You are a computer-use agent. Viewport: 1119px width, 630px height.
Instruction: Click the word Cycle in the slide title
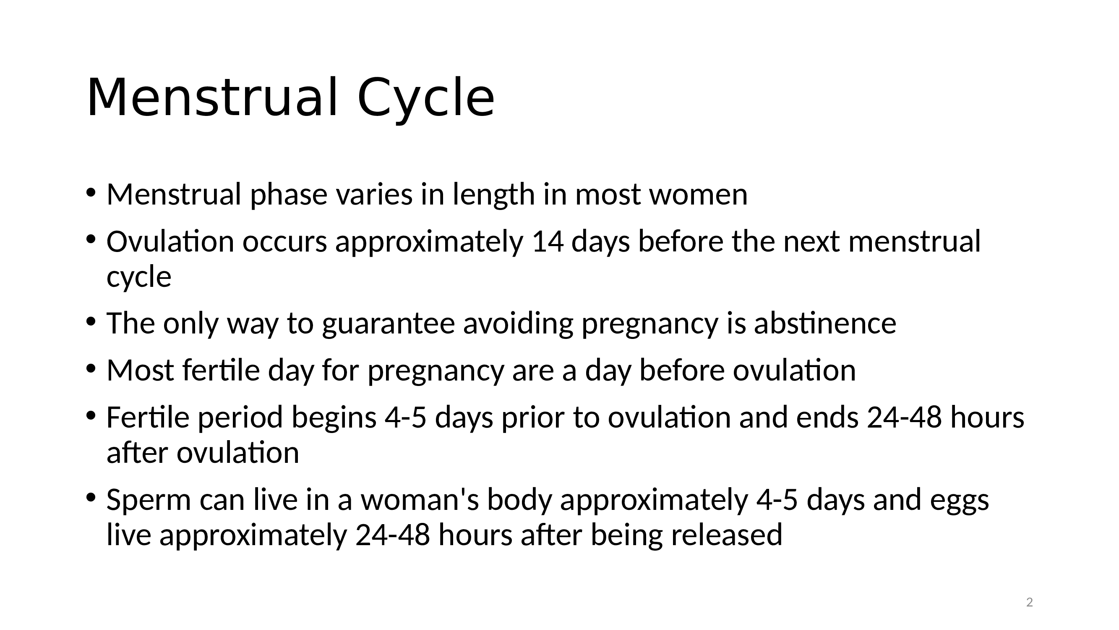pos(426,98)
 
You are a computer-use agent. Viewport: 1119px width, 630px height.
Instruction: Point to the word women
pos(699,195)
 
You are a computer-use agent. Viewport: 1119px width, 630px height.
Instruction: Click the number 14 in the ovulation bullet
pos(548,242)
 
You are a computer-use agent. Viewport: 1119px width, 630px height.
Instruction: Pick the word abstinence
pos(825,323)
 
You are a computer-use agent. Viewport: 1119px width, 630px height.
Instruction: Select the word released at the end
pos(727,535)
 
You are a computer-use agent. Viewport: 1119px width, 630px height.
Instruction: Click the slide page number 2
pos(1029,603)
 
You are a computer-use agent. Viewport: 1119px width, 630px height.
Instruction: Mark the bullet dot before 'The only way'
pos(90,322)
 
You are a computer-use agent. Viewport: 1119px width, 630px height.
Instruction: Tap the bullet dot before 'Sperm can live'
pos(90,497)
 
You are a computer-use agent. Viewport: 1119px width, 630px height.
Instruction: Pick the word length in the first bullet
pos(494,195)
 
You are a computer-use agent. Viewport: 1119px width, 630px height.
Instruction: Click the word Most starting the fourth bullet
pos(140,371)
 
